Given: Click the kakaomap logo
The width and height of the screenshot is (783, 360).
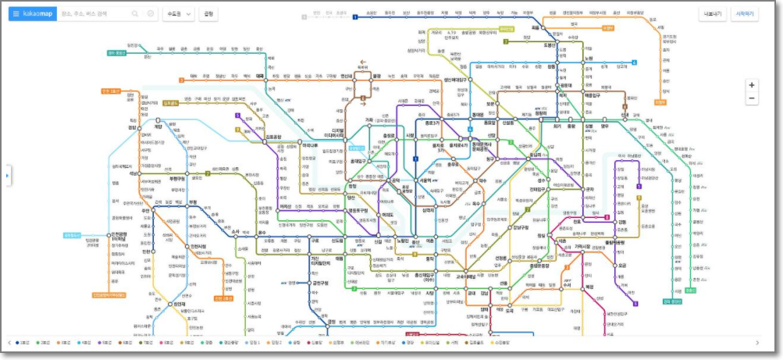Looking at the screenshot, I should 38,14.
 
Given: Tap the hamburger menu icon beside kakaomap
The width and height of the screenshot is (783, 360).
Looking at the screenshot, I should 16,14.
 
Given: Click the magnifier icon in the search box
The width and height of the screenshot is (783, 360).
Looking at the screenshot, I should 135,14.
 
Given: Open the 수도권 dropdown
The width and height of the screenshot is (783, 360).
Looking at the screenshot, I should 178,14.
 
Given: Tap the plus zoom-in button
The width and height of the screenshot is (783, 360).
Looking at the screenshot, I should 752,84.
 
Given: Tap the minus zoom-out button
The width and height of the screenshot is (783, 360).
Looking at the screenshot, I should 752,99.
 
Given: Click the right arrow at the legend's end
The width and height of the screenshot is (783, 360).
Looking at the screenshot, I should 757,343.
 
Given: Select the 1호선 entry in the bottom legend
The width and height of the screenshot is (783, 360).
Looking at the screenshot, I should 23,343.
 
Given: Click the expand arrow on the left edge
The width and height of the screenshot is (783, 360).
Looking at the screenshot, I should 8,176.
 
